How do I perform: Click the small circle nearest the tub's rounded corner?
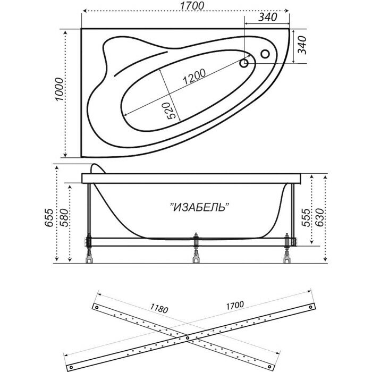[x=264, y=54]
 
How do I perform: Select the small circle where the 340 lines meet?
[x=245, y=63]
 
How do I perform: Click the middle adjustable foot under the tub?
[x=196, y=256]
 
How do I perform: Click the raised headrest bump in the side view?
[x=96, y=169]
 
